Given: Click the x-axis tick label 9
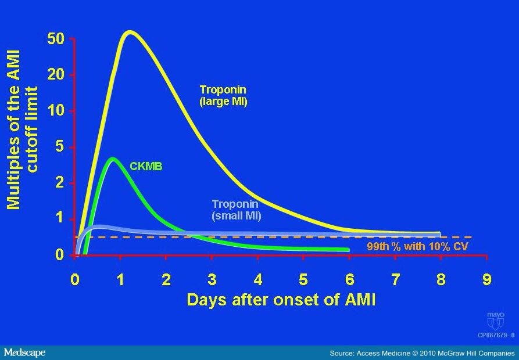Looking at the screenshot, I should tap(486, 280).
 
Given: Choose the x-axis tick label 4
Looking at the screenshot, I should tap(258, 280).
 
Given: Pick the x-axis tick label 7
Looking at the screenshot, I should tap(395, 280).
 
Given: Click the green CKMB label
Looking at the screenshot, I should tap(145, 167).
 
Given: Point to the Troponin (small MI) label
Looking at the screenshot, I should tap(235, 210).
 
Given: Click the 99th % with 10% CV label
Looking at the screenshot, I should tap(417, 246).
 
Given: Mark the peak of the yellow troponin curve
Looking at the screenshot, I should tap(129, 32).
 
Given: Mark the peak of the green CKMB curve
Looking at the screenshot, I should tap(113, 159).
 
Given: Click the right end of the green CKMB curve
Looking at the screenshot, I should tap(348, 250).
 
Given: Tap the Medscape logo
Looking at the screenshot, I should tap(24, 352).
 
